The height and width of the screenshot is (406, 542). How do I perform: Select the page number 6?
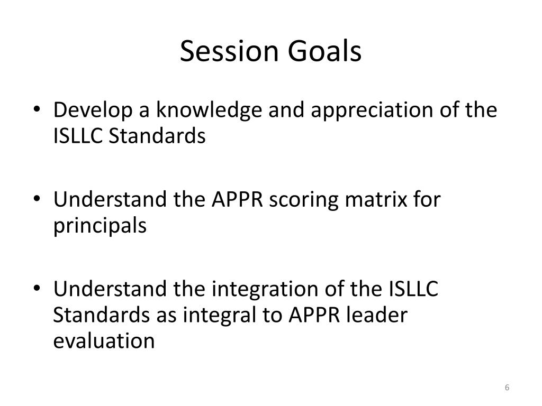pos(507,388)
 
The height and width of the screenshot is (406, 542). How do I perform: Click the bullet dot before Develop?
pos(43,111)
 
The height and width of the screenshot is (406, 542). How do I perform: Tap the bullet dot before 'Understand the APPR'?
pos(43,201)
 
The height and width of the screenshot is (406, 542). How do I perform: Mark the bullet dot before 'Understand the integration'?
pos(43,290)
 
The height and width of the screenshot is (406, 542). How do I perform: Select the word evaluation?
pos(104,341)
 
